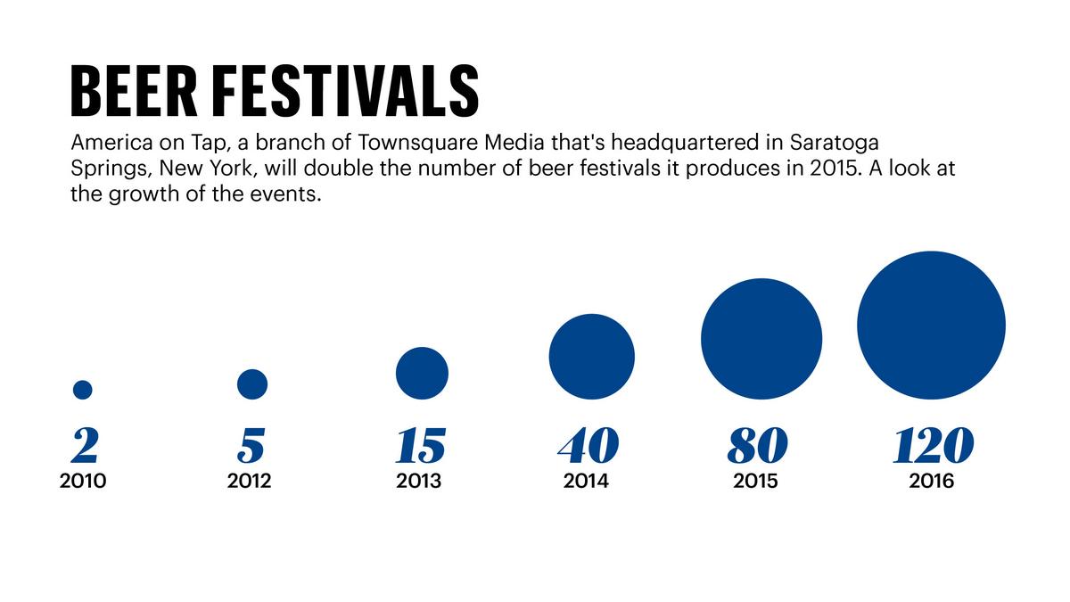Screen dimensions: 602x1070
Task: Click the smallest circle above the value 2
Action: click(83, 390)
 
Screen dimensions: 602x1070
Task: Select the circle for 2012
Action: click(252, 383)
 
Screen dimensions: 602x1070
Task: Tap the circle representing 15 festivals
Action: click(422, 373)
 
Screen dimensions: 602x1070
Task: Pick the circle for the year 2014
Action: click(591, 357)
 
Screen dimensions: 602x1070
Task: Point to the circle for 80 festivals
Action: click(761, 339)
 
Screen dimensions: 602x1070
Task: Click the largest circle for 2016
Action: click(931, 326)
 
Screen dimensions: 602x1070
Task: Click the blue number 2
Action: click(84, 446)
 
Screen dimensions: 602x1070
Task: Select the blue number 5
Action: click(252, 446)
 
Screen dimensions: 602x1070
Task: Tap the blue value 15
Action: click(420, 446)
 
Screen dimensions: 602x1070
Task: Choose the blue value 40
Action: click(588, 446)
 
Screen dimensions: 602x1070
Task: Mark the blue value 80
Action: click(757, 446)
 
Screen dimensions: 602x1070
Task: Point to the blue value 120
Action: click(932, 446)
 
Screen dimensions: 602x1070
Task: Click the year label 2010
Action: click(83, 482)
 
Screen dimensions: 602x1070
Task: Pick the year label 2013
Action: click(419, 482)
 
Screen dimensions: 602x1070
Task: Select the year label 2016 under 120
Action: click(932, 482)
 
